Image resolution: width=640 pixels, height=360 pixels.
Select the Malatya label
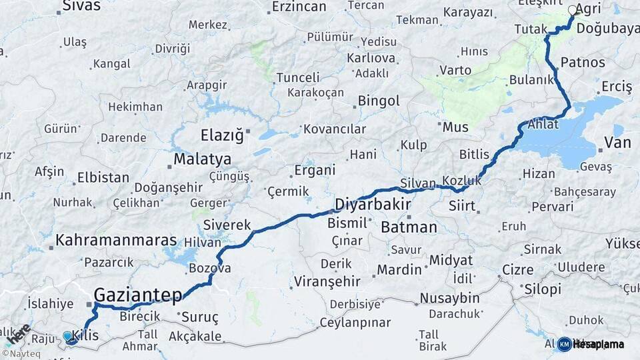pos(202,159)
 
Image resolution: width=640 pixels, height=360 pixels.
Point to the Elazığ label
pos(223,136)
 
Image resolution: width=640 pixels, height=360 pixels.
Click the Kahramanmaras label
pos(116,240)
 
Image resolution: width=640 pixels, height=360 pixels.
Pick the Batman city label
pos(409,227)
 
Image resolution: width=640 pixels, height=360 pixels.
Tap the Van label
pos(617,142)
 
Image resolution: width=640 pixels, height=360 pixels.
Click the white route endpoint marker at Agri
pos(573,10)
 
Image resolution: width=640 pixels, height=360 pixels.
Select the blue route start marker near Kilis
pos(68,337)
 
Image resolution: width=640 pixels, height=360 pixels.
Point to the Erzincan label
pos(299,7)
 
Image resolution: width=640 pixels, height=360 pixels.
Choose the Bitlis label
pos(474,154)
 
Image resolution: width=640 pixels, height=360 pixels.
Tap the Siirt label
pos(462,206)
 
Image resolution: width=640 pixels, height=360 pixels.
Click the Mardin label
pos(399,270)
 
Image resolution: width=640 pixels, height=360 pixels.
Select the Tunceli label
pos(298,77)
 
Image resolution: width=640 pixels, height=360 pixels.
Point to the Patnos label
pos(583,63)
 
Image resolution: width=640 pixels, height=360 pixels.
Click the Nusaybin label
pos(449,298)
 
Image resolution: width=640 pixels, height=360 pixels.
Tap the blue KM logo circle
pos(564,344)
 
